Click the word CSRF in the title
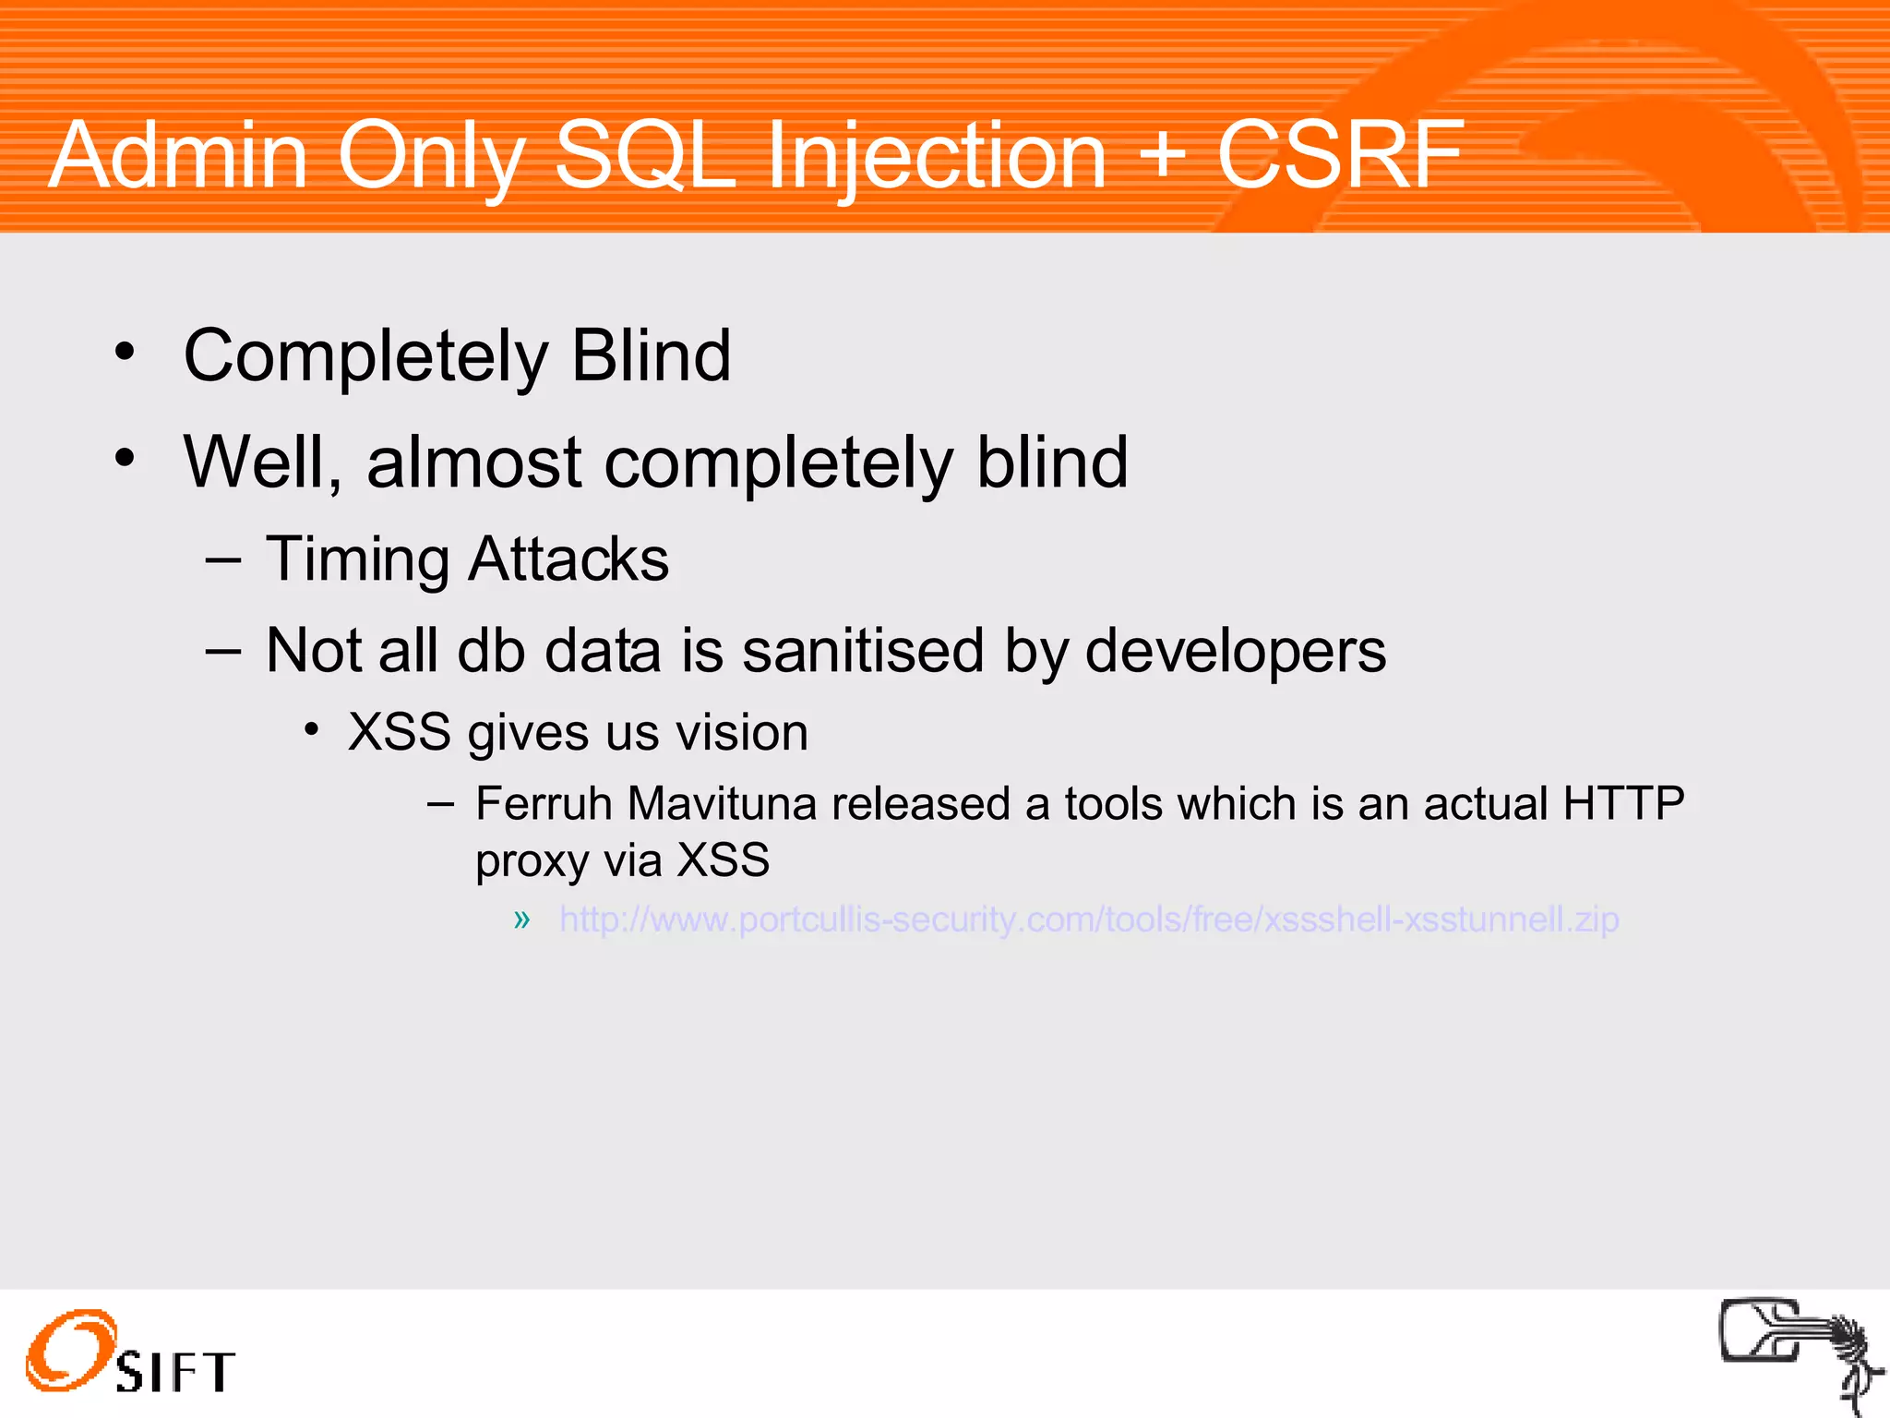[x=1340, y=155]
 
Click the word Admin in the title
[x=177, y=155]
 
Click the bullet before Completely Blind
[x=125, y=352]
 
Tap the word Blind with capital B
[x=651, y=355]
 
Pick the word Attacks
[x=568, y=559]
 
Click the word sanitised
[x=864, y=650]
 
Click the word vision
[x=742, y=733]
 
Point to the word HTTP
[x=1623, y=803]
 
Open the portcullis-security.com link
[x=1089, y=919]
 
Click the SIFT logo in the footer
[x=129, y=1353]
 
